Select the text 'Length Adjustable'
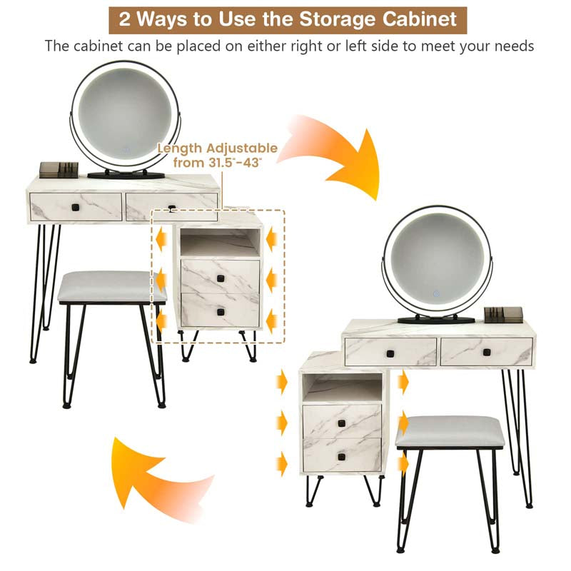[218, 148]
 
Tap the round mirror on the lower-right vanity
[437, 261]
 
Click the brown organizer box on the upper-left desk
[59, 170]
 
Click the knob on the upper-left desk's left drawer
[76, 208]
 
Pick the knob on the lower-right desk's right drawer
[487, 353]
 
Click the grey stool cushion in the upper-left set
[112, 286]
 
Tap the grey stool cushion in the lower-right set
[450, 432]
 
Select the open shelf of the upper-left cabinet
[221, 242]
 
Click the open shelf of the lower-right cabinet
[343, 388]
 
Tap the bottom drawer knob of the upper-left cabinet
[221, 312]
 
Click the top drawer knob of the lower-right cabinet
[341, 423]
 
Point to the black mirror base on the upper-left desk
[126, 175]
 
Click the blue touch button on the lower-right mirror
[436, 293]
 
